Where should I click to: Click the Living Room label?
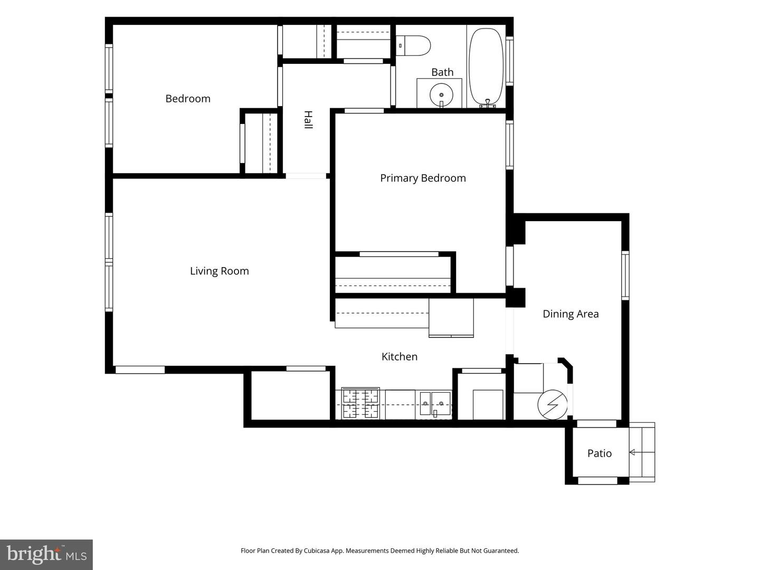pos(219,271)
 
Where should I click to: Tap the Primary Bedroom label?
pos(423,178)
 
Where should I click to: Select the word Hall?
pos(308,120)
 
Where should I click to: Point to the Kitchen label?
pos(399,356)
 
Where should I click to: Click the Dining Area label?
pos(570,314)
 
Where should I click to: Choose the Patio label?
pos(600,453)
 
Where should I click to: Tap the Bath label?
pos(442,72)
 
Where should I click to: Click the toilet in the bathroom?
pos(413,46)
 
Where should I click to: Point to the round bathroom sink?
pos(441,94)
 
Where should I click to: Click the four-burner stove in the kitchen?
pos(360,403)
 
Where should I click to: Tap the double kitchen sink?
pos(435,404)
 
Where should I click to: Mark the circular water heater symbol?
pos(552,405)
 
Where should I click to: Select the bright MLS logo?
pos(46,555)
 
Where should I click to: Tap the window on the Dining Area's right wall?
pos(625,276)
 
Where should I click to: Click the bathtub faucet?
pos(488,103)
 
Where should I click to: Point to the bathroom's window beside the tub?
pos(509,61)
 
